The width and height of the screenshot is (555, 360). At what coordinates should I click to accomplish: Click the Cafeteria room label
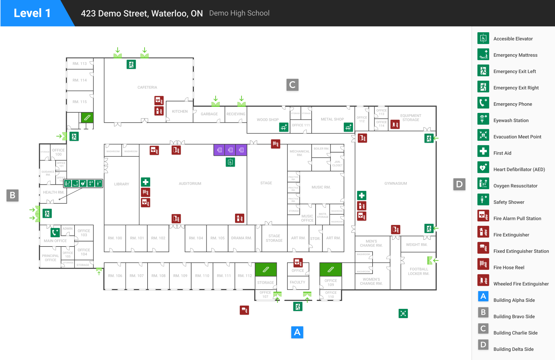point(147,87)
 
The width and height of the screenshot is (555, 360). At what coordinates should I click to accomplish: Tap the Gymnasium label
point(396,184)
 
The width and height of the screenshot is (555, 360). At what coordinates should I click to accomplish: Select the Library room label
point(122,184)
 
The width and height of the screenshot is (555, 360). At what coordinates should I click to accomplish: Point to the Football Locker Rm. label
point(419,271)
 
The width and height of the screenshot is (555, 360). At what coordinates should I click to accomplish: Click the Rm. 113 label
point(80,64)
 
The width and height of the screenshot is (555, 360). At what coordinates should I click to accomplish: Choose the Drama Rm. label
point(242,238)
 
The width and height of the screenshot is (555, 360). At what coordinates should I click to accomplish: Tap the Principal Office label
point(51,258)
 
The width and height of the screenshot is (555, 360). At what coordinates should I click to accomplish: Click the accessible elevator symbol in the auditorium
point(230,162)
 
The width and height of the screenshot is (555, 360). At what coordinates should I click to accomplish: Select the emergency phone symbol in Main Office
point(55,233)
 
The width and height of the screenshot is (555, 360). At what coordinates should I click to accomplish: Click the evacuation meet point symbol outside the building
point(403,313)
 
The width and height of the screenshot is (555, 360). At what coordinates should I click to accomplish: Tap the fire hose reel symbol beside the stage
point(276,144)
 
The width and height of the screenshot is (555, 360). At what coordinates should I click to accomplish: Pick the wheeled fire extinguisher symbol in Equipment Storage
point(395,124)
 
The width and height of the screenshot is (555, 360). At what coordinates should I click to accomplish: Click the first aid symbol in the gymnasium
point(362,195)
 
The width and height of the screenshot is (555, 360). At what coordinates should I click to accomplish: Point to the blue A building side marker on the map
point(297,332)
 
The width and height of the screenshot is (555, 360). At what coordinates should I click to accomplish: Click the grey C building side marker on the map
point(292,85)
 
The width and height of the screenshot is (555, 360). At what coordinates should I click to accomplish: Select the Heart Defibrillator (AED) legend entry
point(519,169)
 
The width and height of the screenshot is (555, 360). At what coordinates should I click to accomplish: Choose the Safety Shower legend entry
point(509,202)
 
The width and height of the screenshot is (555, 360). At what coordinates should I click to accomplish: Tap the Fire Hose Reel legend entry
point(509,267)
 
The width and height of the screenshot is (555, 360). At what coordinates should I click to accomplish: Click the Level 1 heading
point(32,13)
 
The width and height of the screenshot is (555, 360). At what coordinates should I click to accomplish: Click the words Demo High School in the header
point(239,13)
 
